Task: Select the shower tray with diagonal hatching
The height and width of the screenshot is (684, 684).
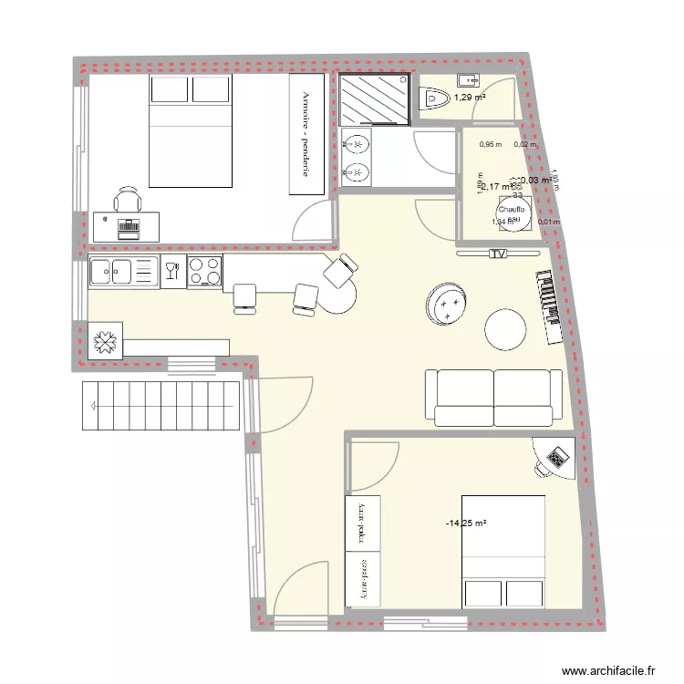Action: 374,99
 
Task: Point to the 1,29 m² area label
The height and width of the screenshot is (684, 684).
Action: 470,98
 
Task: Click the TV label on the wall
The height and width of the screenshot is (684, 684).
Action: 498,254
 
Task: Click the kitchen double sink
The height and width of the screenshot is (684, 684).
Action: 123,271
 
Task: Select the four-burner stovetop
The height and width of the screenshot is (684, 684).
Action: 204,271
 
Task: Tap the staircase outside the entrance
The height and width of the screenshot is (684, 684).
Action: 161,405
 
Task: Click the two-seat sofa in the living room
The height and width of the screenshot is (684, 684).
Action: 493,398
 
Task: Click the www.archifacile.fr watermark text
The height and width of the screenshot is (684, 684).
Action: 608,670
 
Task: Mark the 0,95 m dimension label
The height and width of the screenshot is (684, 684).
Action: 492,144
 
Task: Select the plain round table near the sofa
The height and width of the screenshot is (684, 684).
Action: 505,329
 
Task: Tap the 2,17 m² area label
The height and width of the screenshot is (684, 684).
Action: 496,187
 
